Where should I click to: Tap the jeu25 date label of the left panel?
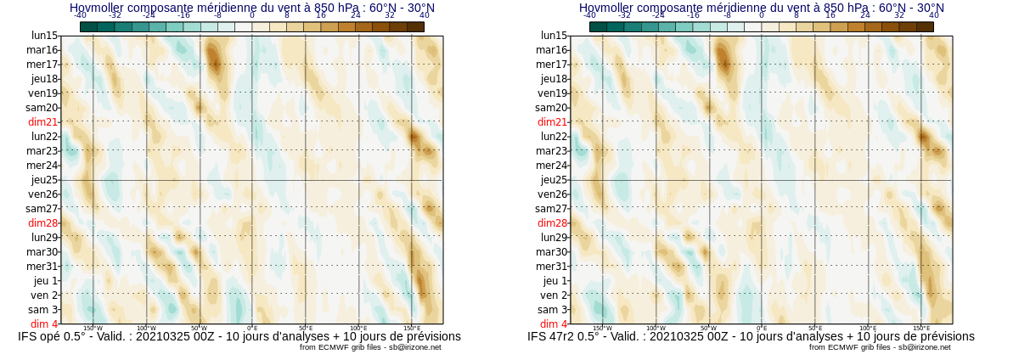[x=44, y=179]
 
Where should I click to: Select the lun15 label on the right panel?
[x=554, y=35]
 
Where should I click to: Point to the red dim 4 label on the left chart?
[x=44, y=323]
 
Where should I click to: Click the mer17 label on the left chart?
[x=42, y=64]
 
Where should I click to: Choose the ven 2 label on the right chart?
[x=554, y=295]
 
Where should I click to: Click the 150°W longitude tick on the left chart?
[x=93, y=328]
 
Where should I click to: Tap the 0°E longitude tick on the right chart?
[x=762, y=328]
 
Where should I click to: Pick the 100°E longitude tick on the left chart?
[x=358, y=328]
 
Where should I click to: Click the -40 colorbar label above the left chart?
[x=80, y=15]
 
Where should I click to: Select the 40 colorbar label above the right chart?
[x=934, y=15]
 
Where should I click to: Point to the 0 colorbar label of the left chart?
[x=252, y=15]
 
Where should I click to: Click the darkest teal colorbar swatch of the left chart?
[x=88, y=26]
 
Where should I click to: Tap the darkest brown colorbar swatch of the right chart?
[x=925, y=26]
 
